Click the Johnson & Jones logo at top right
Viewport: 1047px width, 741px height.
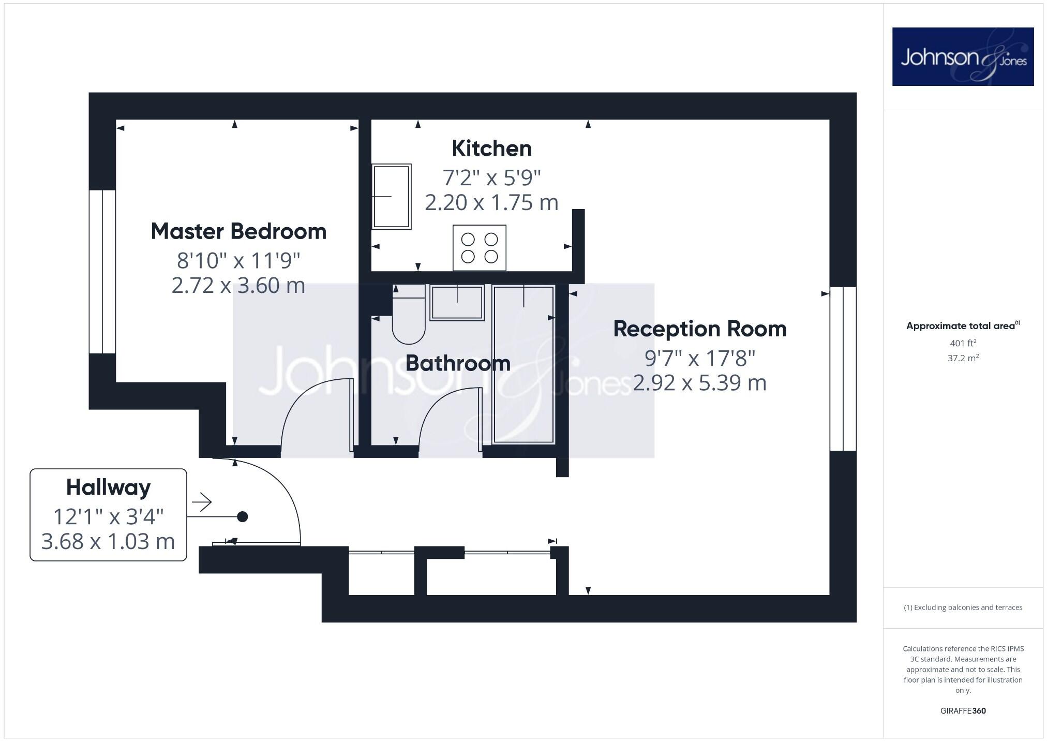click(x=963, y=57)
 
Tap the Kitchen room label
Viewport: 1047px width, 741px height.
click(x=491, y=149)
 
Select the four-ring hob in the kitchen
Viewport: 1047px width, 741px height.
click(x=479, y=248)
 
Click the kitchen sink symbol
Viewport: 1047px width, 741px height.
click(x=392, y=197)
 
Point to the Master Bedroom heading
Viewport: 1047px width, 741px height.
click(x=238, y=231)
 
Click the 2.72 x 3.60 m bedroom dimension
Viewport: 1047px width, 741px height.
click(x=238, y=286)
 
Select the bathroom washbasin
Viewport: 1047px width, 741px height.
click(x=457, y=303)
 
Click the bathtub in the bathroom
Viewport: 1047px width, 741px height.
click(x=523, y=365)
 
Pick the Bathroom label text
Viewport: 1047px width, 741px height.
click(x=458, y=363)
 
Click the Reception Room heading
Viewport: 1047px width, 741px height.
click(x=699, y=329)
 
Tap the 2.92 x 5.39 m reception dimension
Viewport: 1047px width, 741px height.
click(x=699, y=383)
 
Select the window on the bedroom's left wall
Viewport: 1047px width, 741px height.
click(x=102, y=272)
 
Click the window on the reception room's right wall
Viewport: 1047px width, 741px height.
click(x=843, y=368)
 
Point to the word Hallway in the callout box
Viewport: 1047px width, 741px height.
click(x=108, y=487)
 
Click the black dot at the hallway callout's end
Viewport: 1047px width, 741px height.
click(x=242, y=516)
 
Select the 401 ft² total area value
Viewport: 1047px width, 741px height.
click(x=963, y=343)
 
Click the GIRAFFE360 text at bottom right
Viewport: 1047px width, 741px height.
click(x=963, y=710)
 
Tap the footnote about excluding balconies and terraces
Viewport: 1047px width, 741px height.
click(x=963, y=607)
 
